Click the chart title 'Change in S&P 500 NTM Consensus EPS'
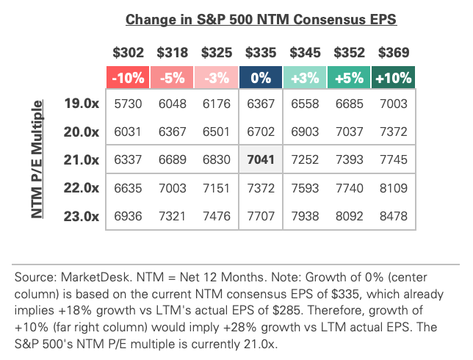pos(261,20)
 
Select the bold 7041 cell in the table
pos(261,159)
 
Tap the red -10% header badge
pos(129,77)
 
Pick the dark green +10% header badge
pos(394,77)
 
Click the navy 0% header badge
pos(261,77)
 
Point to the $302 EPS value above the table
pos(129,53)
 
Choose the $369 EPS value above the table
pos(394,53)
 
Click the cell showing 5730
pos(129,104)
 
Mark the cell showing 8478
pos(394,216)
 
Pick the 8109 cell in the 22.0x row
pos(394,188)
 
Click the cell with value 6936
pos(129,216)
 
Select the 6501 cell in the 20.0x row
pos(217,132)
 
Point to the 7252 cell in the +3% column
pos(306,159)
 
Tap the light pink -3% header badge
pos(217,77)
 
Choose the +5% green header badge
pos(350,77)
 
